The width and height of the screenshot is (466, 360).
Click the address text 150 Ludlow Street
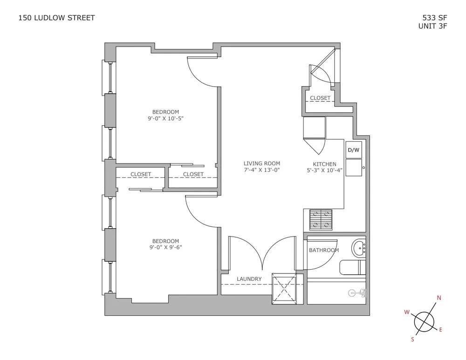point(56,18)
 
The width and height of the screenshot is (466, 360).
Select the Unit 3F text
point(433,27)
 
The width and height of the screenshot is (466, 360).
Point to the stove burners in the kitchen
point(321,219)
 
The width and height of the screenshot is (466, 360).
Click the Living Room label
point(262,163)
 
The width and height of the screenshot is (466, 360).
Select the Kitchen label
point(324,164)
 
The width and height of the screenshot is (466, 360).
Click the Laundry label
point(249,279)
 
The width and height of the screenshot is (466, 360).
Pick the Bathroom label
point(324,250)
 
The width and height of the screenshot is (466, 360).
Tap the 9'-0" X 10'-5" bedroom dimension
point(165,118)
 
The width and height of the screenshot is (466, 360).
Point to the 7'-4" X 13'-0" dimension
point(262,170)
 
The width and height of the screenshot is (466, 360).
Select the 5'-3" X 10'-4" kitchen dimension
point(324,170)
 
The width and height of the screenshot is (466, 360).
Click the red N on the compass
point(439,298)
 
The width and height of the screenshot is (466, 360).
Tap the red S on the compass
point(412,340)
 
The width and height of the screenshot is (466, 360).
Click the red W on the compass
point(406,312)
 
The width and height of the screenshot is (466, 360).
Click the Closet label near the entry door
point(320,98)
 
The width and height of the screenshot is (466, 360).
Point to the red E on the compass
point(441,330)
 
